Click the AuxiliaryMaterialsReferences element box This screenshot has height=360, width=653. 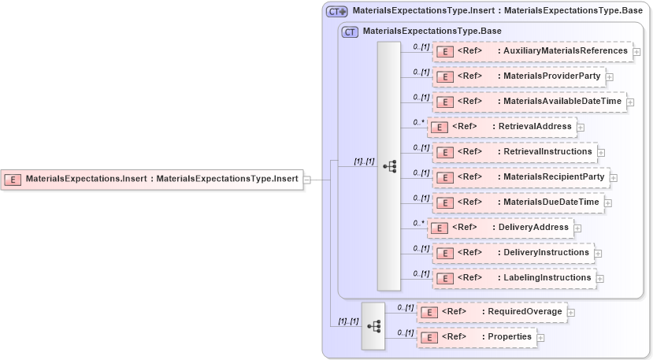coord(532,51)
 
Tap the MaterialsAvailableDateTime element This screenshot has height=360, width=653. coord(529,102)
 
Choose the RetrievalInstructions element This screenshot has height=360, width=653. coord(514,151)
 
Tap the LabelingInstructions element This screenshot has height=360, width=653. coord(513,278)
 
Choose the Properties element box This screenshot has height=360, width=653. coord(476,337)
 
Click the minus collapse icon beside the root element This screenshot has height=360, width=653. coord(307,180)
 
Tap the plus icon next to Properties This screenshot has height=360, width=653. coord(541,338)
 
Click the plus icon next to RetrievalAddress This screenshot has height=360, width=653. coord(581,127)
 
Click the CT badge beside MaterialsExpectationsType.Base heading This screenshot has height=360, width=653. coord(350,32)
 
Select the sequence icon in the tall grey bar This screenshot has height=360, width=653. coord(389,166)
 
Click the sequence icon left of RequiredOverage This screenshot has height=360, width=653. coord(373,325)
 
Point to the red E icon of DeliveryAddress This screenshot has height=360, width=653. coord(439,228)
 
